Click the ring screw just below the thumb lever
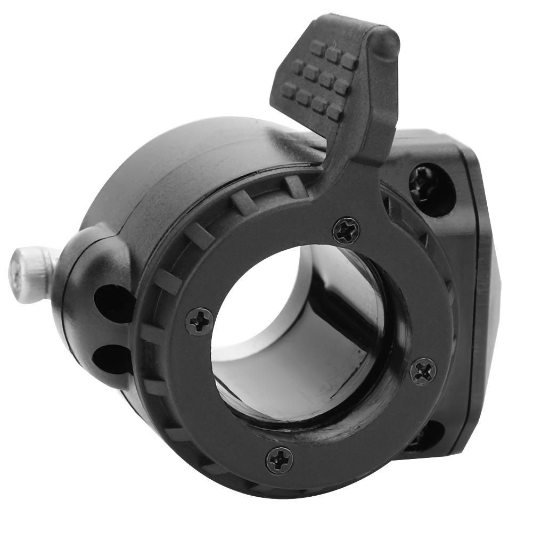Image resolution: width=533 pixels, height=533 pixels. point(346,230)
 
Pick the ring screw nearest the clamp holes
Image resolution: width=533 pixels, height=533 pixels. point(199,321)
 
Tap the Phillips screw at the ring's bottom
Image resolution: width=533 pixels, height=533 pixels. point(279,460)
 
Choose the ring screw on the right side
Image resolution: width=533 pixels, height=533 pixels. point(423,370)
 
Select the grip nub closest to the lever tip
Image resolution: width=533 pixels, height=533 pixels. point(349,61)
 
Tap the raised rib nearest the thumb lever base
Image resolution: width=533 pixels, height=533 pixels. point(296,186)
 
